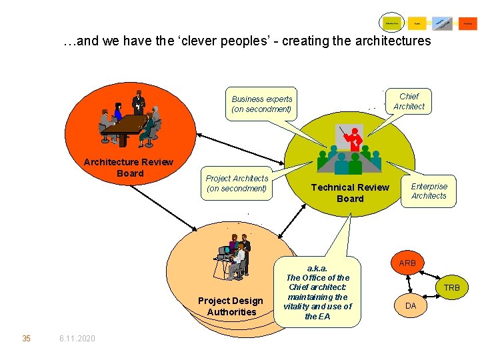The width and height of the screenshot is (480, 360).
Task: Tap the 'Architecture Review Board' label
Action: [129, 167]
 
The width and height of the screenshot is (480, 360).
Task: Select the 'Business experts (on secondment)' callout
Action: [262, 104]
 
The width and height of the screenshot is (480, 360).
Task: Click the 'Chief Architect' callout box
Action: [409, 101]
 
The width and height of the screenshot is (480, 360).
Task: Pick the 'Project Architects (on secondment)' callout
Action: [237, 183]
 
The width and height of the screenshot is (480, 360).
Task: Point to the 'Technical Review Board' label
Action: [350, 193]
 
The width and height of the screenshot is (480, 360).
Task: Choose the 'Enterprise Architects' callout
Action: [429, 191]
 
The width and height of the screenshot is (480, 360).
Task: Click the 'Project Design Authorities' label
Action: [231, 306]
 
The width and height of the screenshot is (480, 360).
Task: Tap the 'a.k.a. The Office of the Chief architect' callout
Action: [317, 292]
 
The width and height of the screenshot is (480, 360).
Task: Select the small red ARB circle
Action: [407, 263]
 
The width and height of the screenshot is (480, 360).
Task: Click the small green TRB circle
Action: [452, 288]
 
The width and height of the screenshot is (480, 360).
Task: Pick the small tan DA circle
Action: [411, 305]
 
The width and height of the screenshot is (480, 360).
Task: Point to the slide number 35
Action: [26, 339]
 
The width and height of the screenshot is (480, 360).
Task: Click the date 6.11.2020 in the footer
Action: [77, 339]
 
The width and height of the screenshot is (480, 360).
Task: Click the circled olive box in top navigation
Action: [392, 23]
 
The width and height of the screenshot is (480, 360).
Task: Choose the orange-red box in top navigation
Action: [468, 23]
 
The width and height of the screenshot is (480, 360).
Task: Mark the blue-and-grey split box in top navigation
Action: [442, 23]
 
